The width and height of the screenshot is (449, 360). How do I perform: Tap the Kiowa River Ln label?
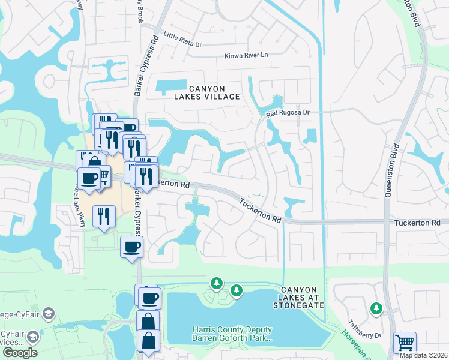coord(245,56)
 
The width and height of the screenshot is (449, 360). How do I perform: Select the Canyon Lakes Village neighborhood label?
coord(206,92)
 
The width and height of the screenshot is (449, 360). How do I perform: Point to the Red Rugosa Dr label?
coord(288,112)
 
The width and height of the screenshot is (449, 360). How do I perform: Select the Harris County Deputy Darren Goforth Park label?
coord(232,334)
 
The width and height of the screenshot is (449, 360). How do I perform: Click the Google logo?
coord(20,353)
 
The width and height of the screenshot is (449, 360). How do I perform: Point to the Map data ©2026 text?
coord(424,355)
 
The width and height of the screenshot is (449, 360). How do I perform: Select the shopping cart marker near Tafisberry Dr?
coord(405,343)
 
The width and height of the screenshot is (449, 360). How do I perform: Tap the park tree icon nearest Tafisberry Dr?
coord(376,308)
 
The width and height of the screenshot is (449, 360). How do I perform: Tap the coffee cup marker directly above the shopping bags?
coord(149,297)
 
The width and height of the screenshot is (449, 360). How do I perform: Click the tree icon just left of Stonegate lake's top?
coord(216,283)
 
